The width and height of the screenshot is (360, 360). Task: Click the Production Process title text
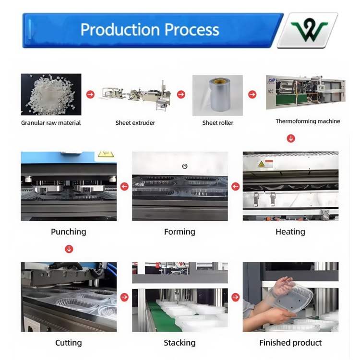coord(149,30)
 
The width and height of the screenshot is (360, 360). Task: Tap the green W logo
coord(308,30)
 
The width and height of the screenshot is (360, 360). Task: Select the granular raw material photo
coord(51,95)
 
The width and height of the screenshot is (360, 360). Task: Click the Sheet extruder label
coord(135,123)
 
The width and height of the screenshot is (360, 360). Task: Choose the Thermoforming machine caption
coord(308,121)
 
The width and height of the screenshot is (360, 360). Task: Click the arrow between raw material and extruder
coord(90,95)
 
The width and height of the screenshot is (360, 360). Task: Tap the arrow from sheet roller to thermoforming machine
coord(252,95)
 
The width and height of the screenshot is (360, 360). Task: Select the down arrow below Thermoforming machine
coord(290,138)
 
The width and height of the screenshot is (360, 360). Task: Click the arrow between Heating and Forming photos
coord(235,186)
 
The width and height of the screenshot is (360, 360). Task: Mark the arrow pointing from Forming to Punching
coord(124,186)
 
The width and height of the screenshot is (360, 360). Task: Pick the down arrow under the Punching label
coord(69,249)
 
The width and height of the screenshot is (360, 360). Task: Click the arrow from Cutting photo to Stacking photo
coord(124,297)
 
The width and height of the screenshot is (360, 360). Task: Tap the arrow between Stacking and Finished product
coord(235,297)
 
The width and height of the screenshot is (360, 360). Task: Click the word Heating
coord(290,232)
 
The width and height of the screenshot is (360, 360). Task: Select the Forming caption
coord(180,232)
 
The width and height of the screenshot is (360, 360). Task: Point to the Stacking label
coord(180,343)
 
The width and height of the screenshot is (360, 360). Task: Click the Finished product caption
coord(290,343)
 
